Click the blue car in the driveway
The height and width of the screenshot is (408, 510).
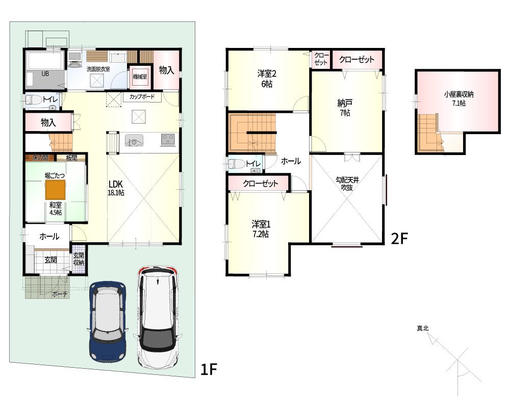(x=108, y=322)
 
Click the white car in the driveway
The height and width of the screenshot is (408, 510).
(x=158, y=317)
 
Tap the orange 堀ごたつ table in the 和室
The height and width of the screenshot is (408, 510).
(x=55, y=190)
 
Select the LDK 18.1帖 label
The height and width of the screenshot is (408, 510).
(x=116, y=188)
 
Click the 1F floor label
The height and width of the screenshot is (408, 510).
(x=209, y=369)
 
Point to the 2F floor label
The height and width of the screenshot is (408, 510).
(x=399, y=239)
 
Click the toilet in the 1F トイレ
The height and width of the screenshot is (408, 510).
(x=33, y=99)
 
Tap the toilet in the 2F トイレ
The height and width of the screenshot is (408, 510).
(x=237, y=163)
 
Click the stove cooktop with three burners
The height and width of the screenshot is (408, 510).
(x=168, y=140)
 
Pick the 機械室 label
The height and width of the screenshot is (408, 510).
(x=140, y=77)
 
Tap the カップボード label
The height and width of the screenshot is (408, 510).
(x=142, y=96)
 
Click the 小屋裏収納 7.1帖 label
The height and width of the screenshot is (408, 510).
(x=458, y=99)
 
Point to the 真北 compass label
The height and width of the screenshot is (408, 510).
(x=423, y=328)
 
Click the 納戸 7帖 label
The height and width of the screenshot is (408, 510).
(x=345, y=108)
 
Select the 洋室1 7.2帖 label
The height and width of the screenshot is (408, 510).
(x=261, y=229)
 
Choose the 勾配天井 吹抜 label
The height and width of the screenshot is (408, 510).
(x=347, y=184)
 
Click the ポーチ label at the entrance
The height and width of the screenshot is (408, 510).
(x=60, y=294)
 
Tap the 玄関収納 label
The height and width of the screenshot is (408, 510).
(x=79, y=259)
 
